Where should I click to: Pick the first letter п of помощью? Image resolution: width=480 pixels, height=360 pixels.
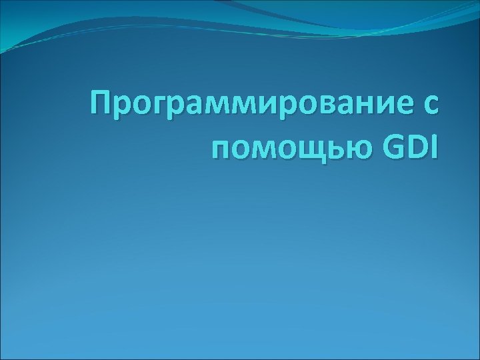point(219,151)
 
